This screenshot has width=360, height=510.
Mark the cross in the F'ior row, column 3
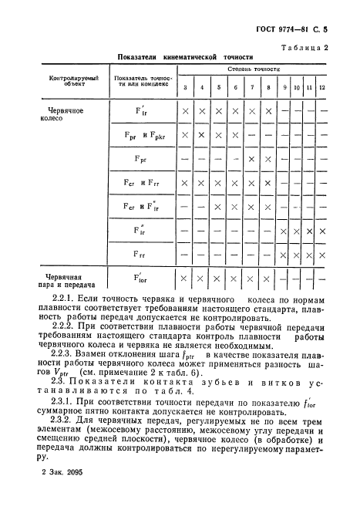(185, 279)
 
